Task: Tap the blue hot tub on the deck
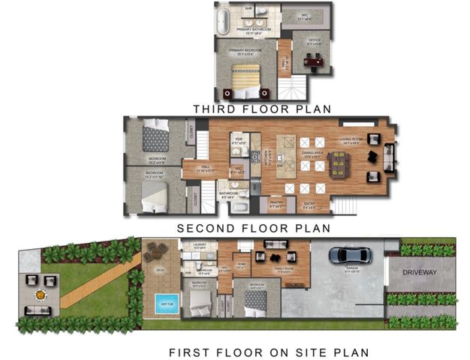point(164,304)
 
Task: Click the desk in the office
point(312,61)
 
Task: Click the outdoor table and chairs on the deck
point(158,250)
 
